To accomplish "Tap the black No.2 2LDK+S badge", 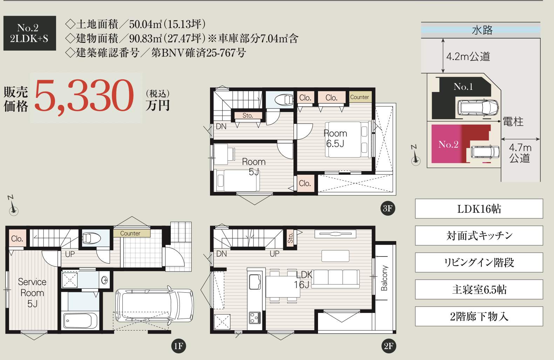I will [29, 33].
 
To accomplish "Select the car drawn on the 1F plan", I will [154, 305].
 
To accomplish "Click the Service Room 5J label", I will [32, 293].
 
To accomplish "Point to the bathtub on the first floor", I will [80, 320].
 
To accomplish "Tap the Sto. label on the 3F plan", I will [248, 115].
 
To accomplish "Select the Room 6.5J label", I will [335, 138].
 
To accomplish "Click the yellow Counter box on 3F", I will [359, 97].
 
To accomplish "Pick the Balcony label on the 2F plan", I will [384, 278].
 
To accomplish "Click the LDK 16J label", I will [303, 279].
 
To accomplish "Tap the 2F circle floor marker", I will [388, 346].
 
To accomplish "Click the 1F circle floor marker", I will [178, 346].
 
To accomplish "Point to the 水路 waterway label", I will [482, 30].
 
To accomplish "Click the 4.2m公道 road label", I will [468, 56].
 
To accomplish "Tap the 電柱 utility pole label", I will [513, 122].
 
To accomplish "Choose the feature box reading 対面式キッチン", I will [479, 235].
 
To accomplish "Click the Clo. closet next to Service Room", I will [17, 239].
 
